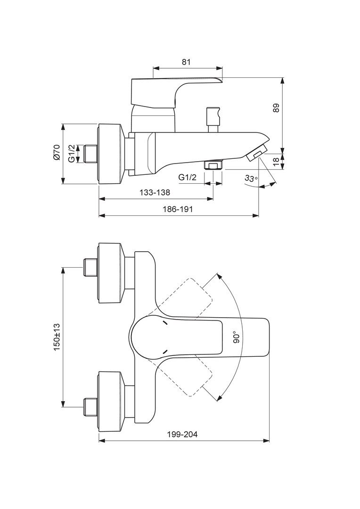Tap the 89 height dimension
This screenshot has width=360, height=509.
coord(276,108)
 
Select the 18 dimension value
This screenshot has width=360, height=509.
coord(276,161)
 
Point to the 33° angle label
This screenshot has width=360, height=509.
coord(252,178)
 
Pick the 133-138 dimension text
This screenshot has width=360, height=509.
coord(155,192)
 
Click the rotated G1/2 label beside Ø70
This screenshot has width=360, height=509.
coord(71,154)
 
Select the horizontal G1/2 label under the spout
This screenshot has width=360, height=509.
coord(188,177)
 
